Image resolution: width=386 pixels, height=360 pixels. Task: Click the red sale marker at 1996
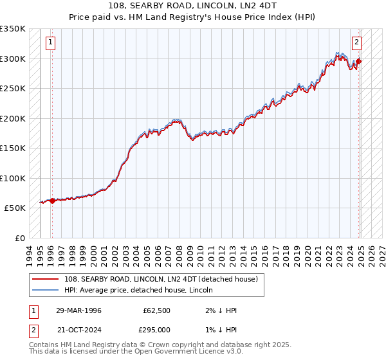click(52, 201)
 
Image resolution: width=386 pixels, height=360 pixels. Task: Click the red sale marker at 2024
click(359, 62)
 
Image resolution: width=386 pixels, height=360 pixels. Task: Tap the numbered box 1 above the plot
click(51, 43)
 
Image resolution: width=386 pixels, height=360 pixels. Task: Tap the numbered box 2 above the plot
click(356, 43)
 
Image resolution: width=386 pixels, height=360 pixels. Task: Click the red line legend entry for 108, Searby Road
click(161, 279)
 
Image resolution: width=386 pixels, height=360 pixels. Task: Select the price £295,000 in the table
click(156, 329)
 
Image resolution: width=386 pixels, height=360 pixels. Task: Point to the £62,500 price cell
click(156, 310)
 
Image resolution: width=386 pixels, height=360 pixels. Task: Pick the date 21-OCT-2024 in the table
click(78, 329)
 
